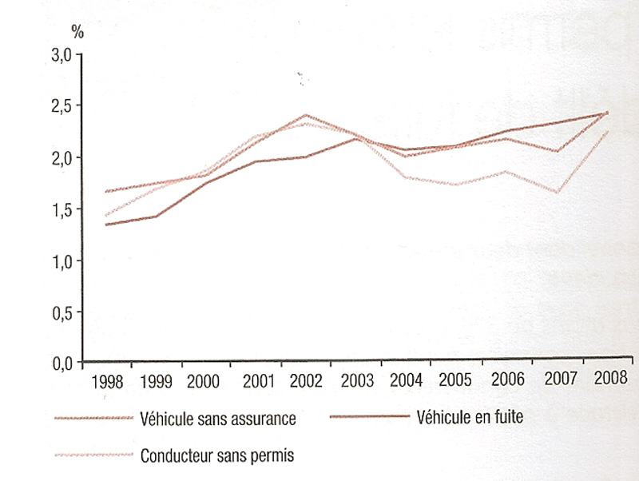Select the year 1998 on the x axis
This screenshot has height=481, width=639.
click(107, 380)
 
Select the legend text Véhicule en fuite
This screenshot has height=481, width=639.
click(469, 416)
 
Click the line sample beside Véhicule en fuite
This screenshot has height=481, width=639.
click(366, 417)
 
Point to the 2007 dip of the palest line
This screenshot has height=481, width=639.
click(557, 192)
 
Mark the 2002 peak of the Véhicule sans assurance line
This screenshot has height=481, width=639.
click(305, 115)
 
